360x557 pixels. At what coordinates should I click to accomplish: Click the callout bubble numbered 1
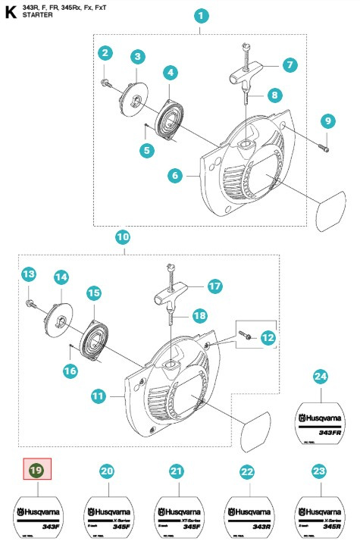[x=200, y=15]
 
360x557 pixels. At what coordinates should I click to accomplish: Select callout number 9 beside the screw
[x=327, y=120]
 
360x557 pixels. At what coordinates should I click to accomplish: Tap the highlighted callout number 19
[x=35, y=471]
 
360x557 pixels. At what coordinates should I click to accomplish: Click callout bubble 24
[x=320, y=376]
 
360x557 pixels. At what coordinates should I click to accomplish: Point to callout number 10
[x=122, y=237]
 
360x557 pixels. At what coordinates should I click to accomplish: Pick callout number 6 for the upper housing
[x=175, y=176]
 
